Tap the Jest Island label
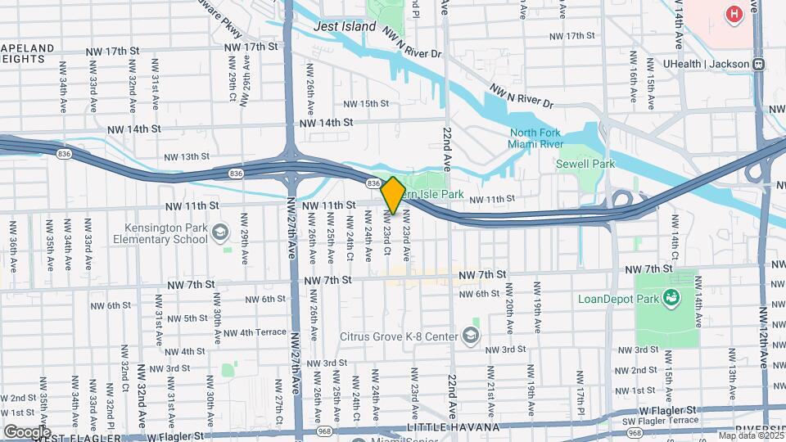[346, 26]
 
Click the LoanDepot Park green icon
[671, 298]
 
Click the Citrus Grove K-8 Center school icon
[471, 335]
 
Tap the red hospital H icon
[734, 14]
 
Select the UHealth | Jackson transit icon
[759, 64]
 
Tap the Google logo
[27, 431]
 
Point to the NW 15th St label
[365, 104]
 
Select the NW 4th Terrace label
[255, 332]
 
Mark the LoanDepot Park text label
[624, 298]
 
